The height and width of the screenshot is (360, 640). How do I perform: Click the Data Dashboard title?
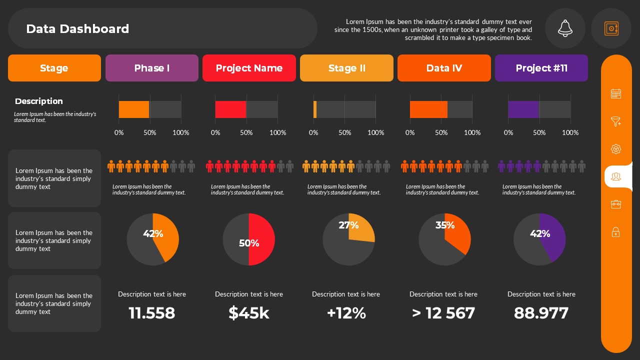tap(77, 29)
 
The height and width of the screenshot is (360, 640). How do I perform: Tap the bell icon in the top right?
tap(565, 28)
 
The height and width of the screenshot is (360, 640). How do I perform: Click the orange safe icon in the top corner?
tap(611, 28)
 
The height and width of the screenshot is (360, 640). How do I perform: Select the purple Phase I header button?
tap(152, 68)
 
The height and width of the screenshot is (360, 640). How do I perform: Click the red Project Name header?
tap(249, 68)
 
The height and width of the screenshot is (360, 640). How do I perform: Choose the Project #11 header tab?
tap(541, 68)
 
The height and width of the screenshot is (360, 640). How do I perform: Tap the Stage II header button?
tap(346, 68)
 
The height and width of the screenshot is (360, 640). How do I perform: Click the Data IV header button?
tap(444, 68)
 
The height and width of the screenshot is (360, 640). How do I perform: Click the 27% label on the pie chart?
tap(348, 225)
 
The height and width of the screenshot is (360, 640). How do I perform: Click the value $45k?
tap(249, 313)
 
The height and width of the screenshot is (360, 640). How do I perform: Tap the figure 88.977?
tap(541, 313)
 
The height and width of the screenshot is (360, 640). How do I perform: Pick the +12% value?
tap(346, 313)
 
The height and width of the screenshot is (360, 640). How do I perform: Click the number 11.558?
tap(152, 313)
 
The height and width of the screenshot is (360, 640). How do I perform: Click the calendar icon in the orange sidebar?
tap(616, 93)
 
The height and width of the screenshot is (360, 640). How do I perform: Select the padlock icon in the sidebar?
tap(616, 232)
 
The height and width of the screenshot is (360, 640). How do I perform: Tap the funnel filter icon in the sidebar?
tap(616, 121)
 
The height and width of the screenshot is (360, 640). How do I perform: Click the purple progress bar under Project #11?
tap(523, 109)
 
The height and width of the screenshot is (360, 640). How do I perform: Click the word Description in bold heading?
tap(39, 101)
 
